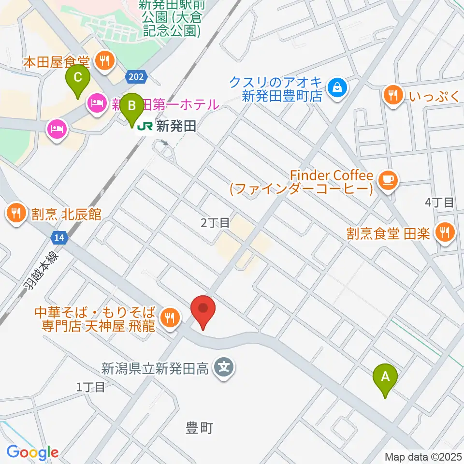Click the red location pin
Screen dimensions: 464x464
(203, 310)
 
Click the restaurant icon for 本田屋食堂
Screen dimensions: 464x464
(104, 61)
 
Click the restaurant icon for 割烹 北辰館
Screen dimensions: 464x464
(16, 213)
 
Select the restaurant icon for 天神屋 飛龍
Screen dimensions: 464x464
(169, 318)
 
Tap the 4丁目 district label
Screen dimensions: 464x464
(439, 202)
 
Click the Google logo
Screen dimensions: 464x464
(32, 452)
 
